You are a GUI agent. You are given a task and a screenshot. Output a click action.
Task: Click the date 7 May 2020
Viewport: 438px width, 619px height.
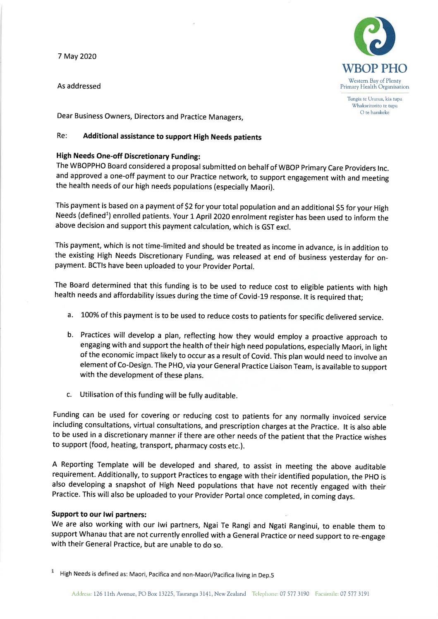(77, 56)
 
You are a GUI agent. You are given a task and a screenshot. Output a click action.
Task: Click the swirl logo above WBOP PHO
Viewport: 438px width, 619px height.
(375, 36)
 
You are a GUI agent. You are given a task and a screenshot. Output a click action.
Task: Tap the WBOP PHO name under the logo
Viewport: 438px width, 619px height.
(374, 69)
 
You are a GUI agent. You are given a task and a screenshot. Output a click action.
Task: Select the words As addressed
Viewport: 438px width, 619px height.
(79, 86)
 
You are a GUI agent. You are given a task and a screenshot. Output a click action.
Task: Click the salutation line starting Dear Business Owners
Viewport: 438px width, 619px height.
(150, 116)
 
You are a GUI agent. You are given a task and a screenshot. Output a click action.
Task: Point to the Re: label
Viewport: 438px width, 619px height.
(62, 136)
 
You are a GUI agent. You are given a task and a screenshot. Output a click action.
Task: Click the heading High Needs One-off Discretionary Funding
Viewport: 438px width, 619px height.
(128, 156)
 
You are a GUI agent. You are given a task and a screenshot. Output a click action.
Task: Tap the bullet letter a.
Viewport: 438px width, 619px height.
(70, 315)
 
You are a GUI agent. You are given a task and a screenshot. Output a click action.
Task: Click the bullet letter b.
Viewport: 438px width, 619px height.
(70, 334)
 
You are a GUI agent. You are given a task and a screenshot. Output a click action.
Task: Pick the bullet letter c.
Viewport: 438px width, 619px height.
(69, 394)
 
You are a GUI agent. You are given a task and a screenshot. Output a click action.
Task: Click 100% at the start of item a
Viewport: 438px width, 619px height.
(89, 315)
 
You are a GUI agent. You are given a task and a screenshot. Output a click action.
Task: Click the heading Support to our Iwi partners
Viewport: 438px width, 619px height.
(99, 514)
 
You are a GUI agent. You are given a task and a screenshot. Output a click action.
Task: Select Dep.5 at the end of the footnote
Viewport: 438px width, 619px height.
(266, 575)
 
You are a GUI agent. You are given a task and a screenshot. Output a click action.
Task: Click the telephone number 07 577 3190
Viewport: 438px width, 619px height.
(294, 594)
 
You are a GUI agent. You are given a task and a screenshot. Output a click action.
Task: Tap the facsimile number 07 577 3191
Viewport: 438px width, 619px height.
(354, 594)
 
